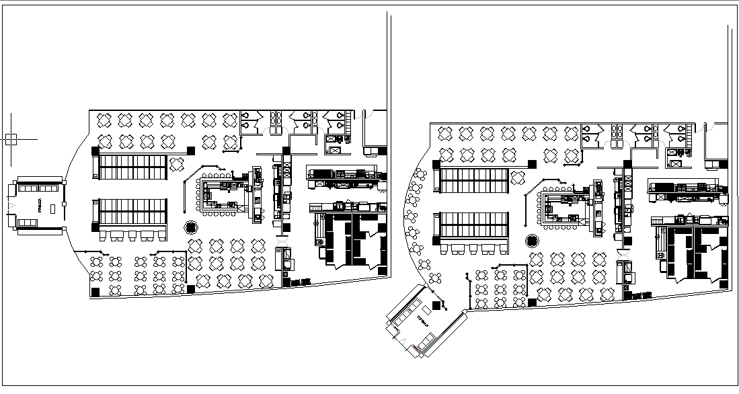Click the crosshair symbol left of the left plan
(x=11, y=140)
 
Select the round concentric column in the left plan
(x=190, y=227)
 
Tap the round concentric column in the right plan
(x=532, y=241)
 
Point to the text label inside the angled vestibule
(x=425, y=317)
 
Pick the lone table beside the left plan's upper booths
(x=177, y=163)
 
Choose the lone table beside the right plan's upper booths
(x=518, y=178)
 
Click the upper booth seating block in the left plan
(x=133, y=167)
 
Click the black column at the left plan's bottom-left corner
(x=95, y=291)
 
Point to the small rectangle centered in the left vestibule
(x=52, y=208)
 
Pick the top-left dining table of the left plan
(x=105, y=120)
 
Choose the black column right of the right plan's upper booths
(x=533, y=163)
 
